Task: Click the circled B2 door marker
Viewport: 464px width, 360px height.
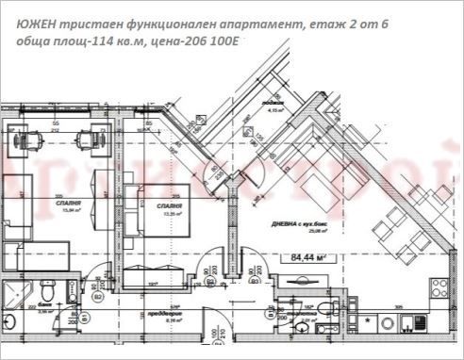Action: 98,296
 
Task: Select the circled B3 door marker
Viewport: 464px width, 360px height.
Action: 254,280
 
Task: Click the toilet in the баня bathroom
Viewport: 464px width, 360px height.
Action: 57,288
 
